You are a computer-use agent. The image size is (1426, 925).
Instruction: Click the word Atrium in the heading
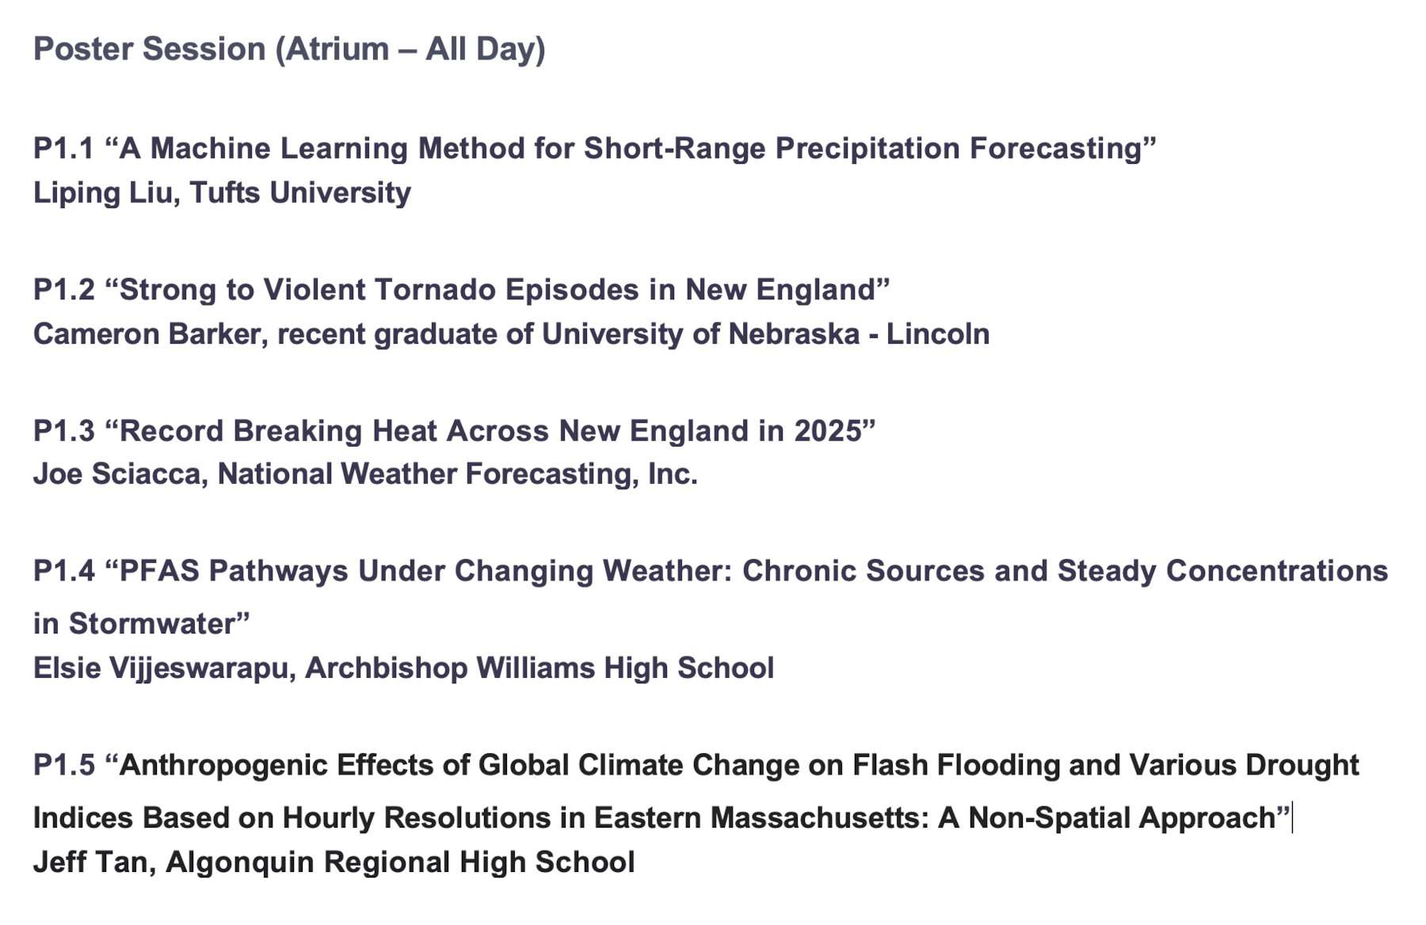coord(337,49)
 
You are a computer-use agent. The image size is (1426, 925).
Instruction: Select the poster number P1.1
coord(63,149)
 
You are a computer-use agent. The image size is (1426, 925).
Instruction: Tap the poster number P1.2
coord(63,290)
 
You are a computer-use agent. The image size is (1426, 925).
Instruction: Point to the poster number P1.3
coord(63,431)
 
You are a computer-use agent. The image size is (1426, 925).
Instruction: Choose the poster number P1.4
coord(63,571)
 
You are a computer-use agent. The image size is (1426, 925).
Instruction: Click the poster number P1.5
coord(63,766)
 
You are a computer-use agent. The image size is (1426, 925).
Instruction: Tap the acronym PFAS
coord(160,571)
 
